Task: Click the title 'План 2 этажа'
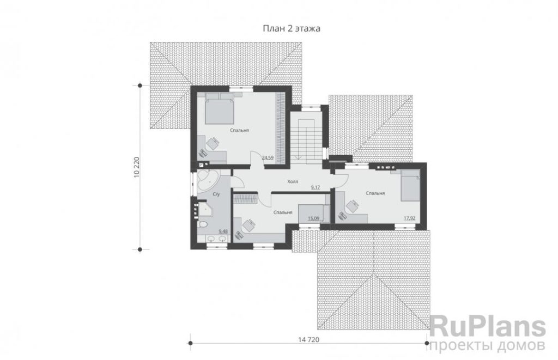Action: coord(292,28)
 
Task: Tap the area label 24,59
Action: coord(268,157)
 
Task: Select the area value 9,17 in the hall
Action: coord(315,186)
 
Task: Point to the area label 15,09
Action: coord(313,218)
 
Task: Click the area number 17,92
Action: coord(409,218)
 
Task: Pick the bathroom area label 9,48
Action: coord(223,231)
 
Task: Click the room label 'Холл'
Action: coord(293,182)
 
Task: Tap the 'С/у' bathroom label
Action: coord(216,194)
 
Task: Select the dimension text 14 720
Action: coord(308,340)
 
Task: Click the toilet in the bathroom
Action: coord(202,225)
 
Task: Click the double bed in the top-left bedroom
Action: coord(219,108)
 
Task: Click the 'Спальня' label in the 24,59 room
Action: coord(239,131)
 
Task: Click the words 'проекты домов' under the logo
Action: coord(487,345)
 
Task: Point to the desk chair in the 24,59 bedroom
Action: coord(213,144)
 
